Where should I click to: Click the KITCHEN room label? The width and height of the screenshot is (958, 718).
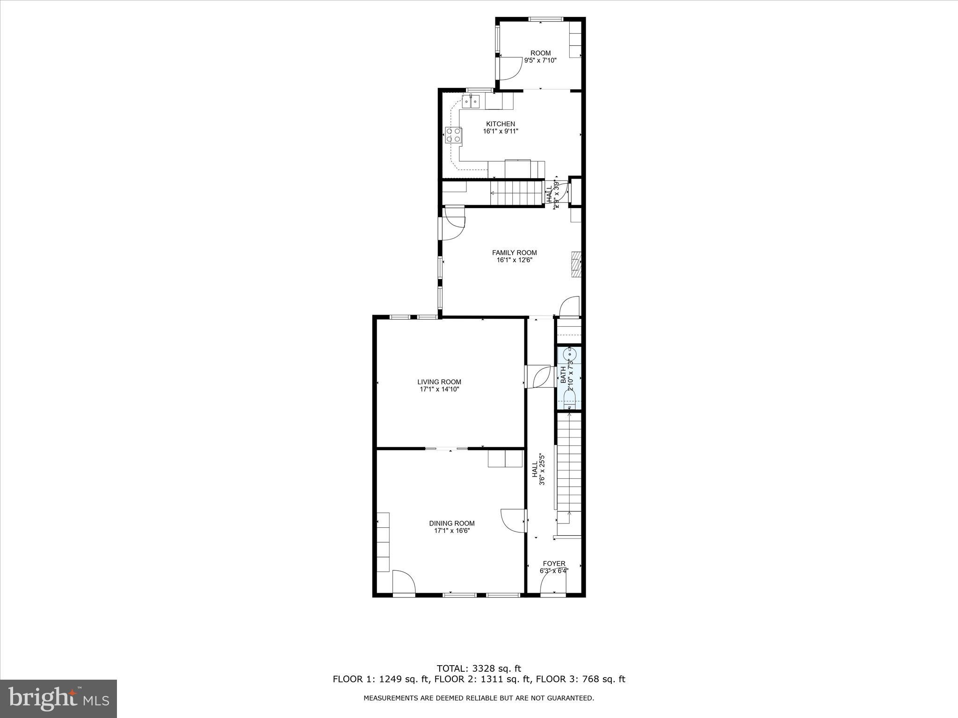501,124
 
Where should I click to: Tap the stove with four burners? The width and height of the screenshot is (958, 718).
126,135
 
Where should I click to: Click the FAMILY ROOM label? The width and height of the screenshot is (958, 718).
514,252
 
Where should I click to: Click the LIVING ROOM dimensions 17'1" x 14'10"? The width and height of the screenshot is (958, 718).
439,389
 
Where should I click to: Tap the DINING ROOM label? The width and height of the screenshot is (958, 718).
452,523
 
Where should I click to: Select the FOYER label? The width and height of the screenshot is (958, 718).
554,563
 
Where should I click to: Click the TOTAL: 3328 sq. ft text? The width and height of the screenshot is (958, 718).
479,668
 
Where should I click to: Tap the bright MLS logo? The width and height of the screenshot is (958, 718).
58,699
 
